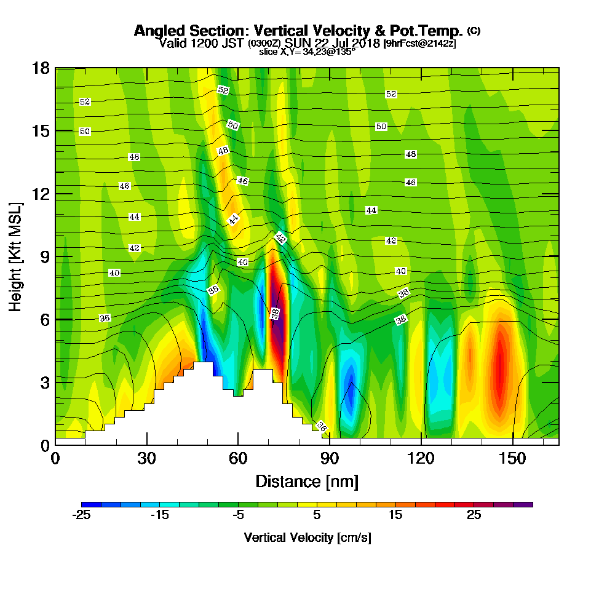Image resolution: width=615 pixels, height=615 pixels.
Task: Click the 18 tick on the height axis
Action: point(41,68)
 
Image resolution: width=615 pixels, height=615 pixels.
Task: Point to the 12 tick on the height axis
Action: point(41,194)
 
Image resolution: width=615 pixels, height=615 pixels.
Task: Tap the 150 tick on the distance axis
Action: point(512,459)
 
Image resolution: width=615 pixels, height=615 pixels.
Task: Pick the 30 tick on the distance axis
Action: point(146,459)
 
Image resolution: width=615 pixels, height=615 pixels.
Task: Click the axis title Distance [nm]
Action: point(307,481)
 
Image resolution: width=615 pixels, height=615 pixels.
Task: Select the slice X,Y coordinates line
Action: point(307,52)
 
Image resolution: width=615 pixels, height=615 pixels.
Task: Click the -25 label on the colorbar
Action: point(82,515)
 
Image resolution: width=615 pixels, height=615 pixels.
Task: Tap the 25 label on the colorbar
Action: point(474,515)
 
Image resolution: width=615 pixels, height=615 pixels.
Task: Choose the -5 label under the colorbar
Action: point(238,515)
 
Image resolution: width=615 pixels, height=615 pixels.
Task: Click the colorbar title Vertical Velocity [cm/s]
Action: point(307,538)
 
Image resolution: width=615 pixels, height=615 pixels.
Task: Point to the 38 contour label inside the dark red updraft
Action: point(276,314)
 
